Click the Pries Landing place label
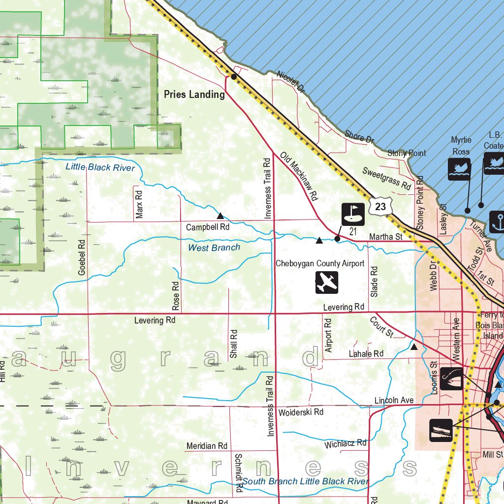coord(194,94)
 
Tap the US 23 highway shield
coord(380,207)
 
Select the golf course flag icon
coord(353,214)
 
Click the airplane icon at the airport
coord(327,283)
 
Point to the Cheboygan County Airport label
coord(320,263)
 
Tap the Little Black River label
coord(100,167)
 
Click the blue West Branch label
coord(214,248)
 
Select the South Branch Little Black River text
coord(305,481)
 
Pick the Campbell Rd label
coord(208,227)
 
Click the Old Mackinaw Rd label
coord(299,176)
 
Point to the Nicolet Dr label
coord(291,82)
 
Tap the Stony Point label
coord(407,154)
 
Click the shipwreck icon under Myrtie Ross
coord(459,169)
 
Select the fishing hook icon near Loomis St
coord(451,378)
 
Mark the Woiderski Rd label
coord(300,411)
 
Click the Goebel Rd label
coord(82,257)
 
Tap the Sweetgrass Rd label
coord(386,178)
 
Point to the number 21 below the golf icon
coord(353,231)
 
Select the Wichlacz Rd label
coord(346,444)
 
